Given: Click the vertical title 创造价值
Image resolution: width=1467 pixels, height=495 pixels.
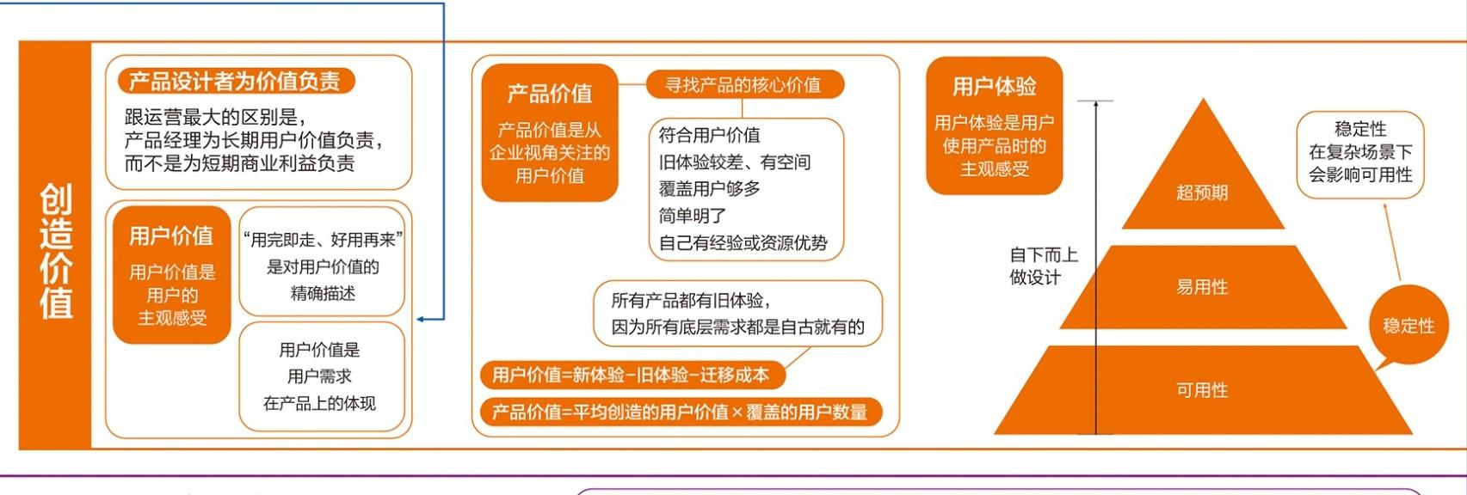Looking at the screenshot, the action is (56, 251).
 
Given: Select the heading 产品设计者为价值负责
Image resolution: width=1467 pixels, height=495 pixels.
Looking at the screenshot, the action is (235, 81).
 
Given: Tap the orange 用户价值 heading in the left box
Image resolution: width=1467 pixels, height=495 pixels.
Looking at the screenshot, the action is (171, 235).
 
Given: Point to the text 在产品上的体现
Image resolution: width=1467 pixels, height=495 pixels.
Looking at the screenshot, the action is (319, 403).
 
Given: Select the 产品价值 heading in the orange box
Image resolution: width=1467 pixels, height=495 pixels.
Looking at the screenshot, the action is (550, 94).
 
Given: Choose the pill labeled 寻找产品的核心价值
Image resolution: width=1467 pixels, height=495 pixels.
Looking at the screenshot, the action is (744, 84).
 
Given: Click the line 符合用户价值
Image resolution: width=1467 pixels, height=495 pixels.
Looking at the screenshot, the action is (709, 135).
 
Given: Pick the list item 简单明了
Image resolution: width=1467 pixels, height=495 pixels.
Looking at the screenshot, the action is (693, 215).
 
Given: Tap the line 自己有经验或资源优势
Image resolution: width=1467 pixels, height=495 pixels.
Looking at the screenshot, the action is (743, 242).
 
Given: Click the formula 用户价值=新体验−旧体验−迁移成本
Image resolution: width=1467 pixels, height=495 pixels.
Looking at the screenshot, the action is (631, 375).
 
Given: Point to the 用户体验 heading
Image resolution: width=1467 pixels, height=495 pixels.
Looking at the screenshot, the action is (994, 86).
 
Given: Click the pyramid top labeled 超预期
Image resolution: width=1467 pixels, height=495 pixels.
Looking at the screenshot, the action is (1202, 192).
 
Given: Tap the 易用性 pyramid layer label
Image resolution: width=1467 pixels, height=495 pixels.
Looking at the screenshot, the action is (1202, 286).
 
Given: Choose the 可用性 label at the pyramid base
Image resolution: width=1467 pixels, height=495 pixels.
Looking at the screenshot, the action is (1202, 390).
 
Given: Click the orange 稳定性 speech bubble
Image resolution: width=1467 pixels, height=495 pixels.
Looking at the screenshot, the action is (1408, 326).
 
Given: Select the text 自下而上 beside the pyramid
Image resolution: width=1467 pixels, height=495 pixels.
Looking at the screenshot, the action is (1044, 254).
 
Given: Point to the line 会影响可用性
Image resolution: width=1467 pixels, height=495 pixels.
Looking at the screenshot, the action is (1360, 174).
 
